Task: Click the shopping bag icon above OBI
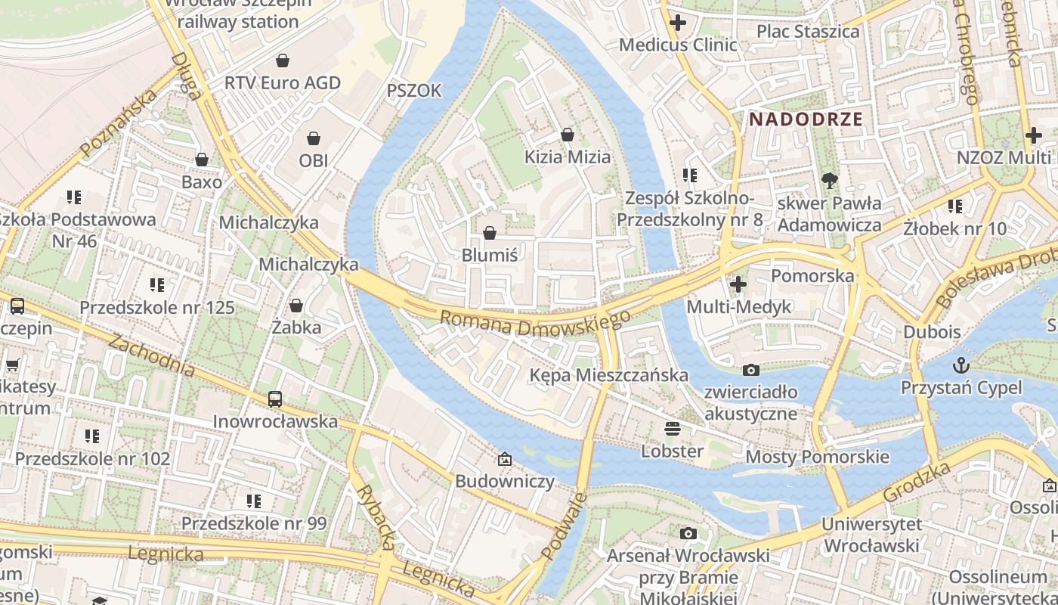[x=314, y=138]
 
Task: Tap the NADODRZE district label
[x=806, y=119]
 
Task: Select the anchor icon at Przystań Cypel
[x=961, y=365]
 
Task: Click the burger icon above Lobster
[x=673, y=429]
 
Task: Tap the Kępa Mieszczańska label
[x=608, y=375]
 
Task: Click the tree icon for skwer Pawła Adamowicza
[x=829, y=180]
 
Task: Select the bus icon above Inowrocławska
[x=275, y=399]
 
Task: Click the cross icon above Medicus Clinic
[x=678, y=23]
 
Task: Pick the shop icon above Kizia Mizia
[x=568, y=135]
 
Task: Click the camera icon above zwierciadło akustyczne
[x=750, y=369]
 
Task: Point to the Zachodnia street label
[x=151, y=355]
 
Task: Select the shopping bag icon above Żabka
[x=296, y=305]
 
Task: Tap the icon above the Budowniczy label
[x=504, y=458]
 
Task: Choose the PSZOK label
[x=413, y=91]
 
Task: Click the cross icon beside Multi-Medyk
[x=738, y=284]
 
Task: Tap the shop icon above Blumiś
[x=490, y=232]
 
